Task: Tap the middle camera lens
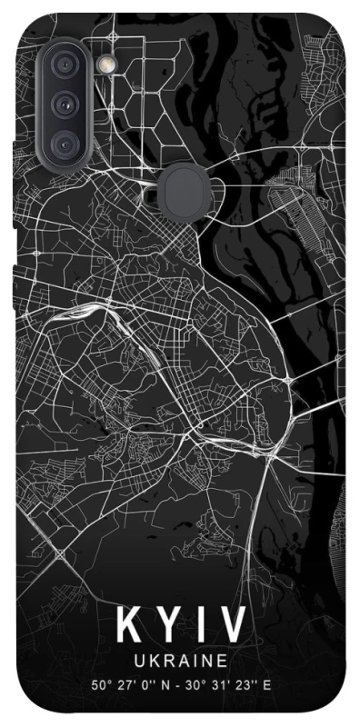click(x=65, y=105)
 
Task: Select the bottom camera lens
click(x=65, y=143)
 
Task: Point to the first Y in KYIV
click(x=169, y=626)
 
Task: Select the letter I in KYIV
click(x=201, y=626)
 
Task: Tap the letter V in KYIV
click(x=233, y=626)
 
